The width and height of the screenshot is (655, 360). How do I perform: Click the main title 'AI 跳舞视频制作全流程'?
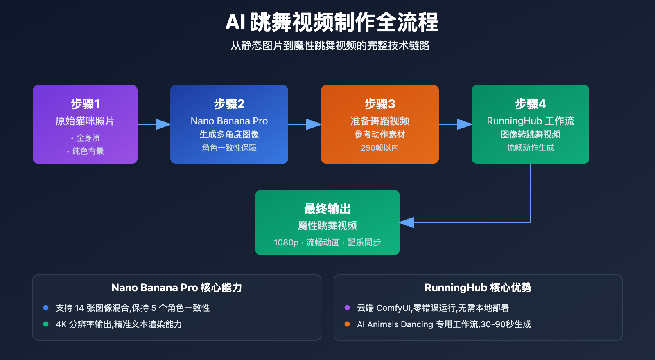point(332,22)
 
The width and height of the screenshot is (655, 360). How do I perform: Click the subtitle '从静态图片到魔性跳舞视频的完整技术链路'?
point(330,45)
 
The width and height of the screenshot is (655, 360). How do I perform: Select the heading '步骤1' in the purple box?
point(85,104)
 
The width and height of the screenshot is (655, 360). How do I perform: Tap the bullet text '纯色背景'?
point(88,151)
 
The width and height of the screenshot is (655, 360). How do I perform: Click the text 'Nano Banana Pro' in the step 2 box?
point(229,121)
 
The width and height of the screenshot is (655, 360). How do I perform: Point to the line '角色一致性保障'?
point(229,148)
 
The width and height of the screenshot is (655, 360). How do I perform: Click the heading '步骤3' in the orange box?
point(380,104)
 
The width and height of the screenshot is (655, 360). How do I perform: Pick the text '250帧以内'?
point(380,148)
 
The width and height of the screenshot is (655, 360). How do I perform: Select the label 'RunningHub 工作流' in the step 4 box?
point(531,121)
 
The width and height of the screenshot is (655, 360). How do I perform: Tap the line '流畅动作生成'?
point(531,148)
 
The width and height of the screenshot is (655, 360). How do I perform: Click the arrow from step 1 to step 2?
point(154,124)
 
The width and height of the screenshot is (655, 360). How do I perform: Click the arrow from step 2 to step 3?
point(305,124)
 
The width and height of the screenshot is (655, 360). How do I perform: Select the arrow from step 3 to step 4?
point(456,124)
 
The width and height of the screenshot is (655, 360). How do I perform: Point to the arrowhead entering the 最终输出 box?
point(407,223)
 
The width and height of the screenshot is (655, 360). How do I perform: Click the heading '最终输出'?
point(327,209)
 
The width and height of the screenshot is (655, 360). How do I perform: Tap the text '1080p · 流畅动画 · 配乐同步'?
point(327,243)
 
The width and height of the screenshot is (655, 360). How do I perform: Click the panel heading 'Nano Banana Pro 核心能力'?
point(177,288)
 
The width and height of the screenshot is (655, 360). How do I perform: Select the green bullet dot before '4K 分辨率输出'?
point(46,324)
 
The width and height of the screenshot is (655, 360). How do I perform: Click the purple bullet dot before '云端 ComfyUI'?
point(347,308)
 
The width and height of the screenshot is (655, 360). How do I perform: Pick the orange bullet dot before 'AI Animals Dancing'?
point(347,324)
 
